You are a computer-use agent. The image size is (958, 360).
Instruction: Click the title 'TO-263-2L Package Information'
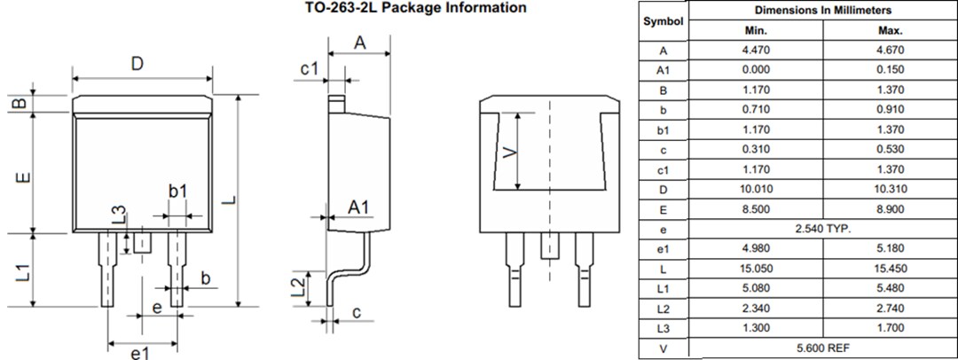point(409,8)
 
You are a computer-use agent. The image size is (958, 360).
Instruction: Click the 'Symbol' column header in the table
point(664,20)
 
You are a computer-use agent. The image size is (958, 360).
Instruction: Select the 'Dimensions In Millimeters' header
point(822,11)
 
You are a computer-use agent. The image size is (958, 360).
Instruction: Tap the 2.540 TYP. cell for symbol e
point(822,230)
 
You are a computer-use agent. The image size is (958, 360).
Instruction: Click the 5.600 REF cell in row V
point(822,348)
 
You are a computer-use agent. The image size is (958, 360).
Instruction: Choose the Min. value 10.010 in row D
point(756,190)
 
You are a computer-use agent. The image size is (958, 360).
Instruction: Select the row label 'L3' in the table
point(664,329)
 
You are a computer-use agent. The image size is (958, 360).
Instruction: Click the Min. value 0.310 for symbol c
point(756,150)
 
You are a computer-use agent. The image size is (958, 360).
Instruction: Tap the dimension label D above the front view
point(137,64)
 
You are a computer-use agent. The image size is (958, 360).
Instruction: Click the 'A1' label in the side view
point(358,207)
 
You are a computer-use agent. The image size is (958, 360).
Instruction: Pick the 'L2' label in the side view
point(301,286)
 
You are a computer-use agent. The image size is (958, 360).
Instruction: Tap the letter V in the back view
point(508,153)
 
